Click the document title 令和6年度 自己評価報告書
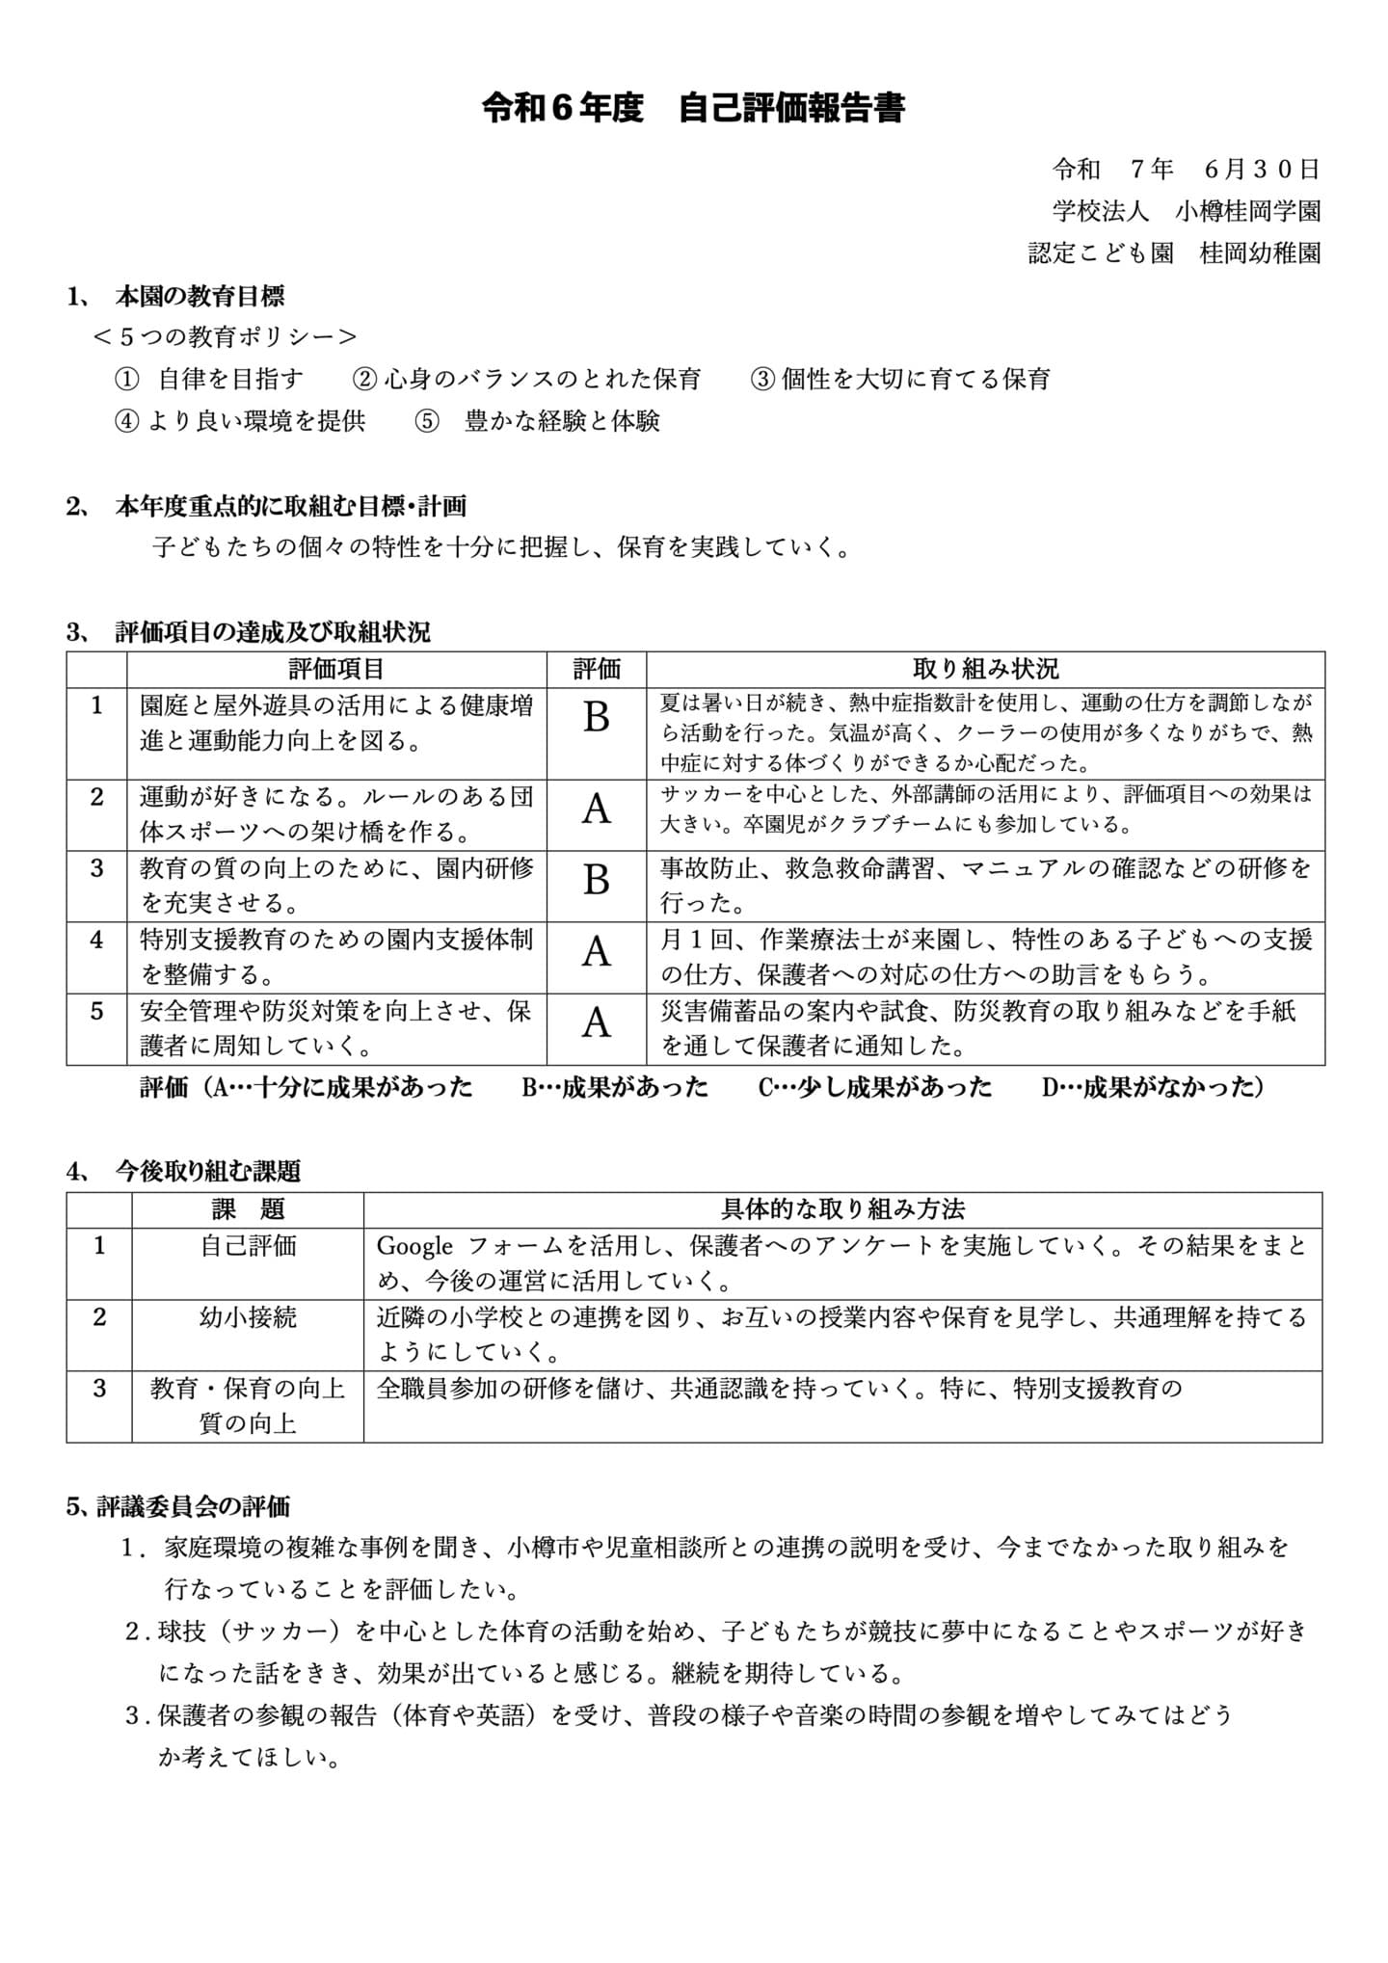pos(693,109)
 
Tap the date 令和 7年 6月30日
pos(1186,170)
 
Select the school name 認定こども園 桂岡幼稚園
pos(1174,253)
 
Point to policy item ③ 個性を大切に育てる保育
pos(900,380)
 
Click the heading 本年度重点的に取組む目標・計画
pos(290,506)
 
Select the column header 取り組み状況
pos(985,669)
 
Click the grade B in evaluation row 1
pos(597,718)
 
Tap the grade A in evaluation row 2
pos(597,810)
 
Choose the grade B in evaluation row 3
pos(597,881)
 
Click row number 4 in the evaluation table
pos(96,940)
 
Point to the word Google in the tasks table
pos(414,1247)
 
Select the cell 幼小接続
pos(248,1317)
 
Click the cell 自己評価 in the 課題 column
pos(248,1247)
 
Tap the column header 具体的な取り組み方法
pos(842,1209)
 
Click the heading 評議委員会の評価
pos(193,1506)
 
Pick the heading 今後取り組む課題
pos(207,1172)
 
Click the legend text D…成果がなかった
pos(1153,1088)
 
